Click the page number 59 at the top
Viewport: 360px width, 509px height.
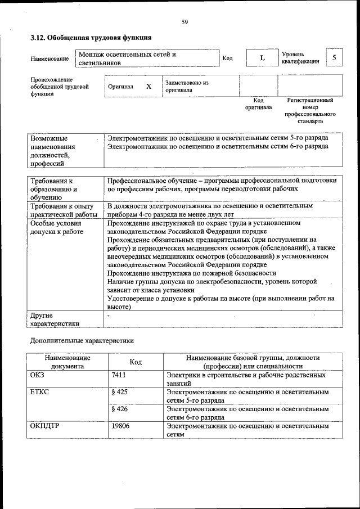(x=184, y=22)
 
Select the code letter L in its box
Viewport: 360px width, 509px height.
(x=262, y=58)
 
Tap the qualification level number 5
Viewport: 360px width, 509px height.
(x=334, y=58)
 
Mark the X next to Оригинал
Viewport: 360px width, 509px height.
(x=148, y=87)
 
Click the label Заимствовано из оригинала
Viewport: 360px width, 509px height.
(x=187, y=86)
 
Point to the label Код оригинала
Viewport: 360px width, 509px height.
(x=258, y=103)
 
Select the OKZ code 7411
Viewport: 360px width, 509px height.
(x=119, y=374)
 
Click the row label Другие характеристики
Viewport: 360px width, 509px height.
(x=55, y=319)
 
